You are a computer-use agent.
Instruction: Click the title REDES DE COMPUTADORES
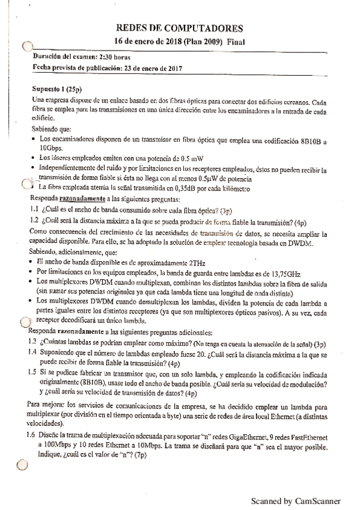tap(179, 28)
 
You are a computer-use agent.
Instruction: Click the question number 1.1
tap(35, 210)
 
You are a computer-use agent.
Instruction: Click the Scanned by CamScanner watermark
tap(296, 500)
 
